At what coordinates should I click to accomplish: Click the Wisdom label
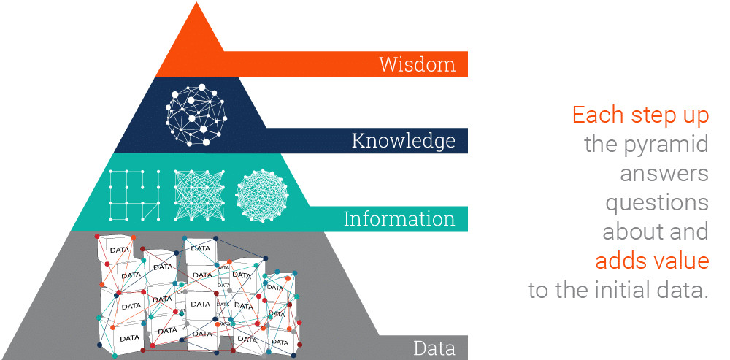pos(417,64)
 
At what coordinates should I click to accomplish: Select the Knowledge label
pos(404,140)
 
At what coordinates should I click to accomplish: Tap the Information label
pos(399,218)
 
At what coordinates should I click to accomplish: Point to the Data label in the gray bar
pos(434,348)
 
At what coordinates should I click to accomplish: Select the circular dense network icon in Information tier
pos(262,195)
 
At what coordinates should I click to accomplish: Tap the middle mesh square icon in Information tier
pos(197,195)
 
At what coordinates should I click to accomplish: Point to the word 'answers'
pos(664,173)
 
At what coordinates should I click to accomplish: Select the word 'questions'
pos(657,202)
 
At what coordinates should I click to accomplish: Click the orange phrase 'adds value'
pos(652,261)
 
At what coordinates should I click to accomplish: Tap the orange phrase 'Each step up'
pos(640,115)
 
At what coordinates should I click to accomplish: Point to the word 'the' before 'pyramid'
pos(600,144)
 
